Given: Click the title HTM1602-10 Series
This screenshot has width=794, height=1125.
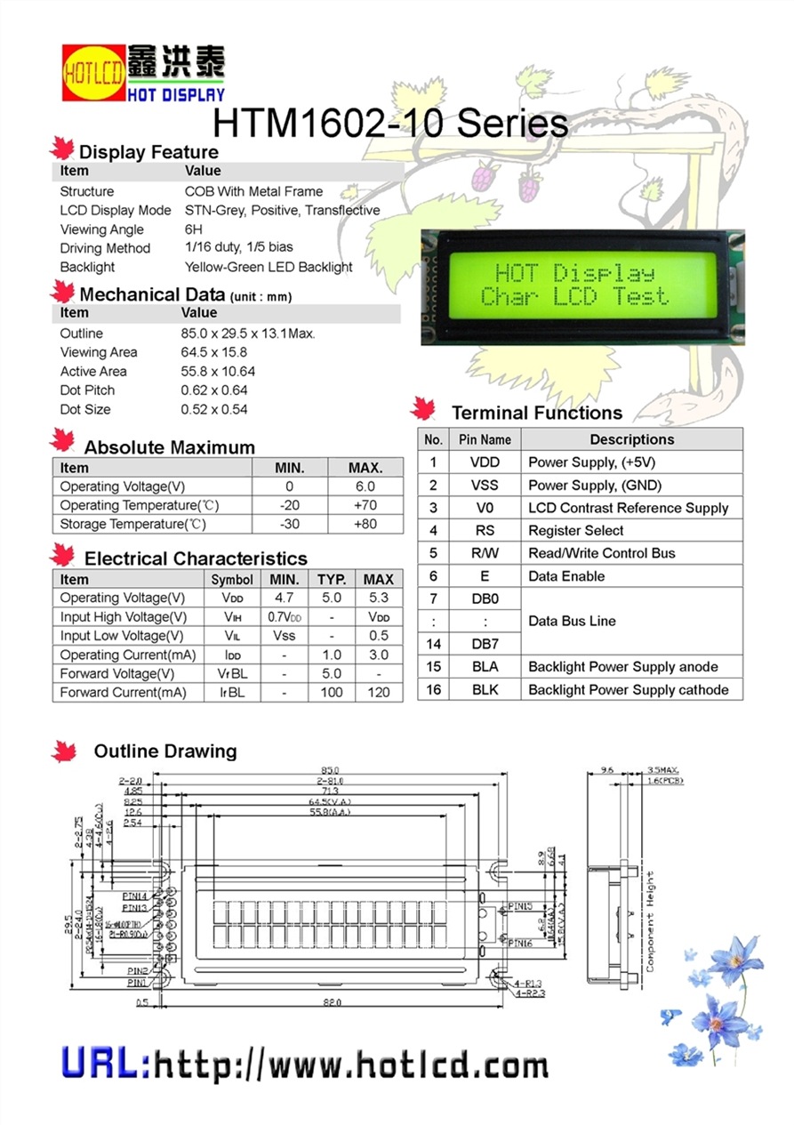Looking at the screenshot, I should point(390,123).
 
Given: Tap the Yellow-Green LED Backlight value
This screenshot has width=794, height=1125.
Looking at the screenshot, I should point(269,267).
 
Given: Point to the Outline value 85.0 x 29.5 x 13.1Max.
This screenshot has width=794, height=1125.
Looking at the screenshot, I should point(248,333).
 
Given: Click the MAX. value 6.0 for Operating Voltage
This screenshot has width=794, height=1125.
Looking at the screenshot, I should point(365,486).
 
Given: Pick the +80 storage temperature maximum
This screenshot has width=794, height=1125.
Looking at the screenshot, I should point(365,524).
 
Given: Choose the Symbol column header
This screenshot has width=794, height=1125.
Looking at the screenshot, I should point(232,579).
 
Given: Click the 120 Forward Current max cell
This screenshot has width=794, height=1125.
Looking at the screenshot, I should point(379,692).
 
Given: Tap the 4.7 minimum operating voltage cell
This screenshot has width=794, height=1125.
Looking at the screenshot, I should point(284,599).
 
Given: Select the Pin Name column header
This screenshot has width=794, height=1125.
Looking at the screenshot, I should point(485,439).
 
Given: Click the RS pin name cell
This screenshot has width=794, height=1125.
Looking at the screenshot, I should point(485,531).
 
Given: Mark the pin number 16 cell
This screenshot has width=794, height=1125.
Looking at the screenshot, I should point(433,689).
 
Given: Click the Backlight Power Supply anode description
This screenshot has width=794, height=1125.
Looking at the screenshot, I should point(622,667).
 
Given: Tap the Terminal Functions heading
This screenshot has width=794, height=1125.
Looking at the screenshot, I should point(536,413).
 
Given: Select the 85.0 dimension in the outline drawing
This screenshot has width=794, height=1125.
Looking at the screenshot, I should point(330,770).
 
